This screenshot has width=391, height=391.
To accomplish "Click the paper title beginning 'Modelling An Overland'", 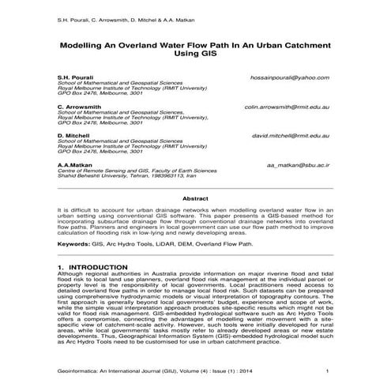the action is [x=195, y=47].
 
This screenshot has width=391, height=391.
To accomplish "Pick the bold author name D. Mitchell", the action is [x=73, y=135].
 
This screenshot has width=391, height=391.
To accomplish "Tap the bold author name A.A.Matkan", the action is [x=75, y=164].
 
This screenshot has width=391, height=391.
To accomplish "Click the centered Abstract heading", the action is [x=195, y=199].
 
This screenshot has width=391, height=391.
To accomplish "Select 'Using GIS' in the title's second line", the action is [x=195, y=57].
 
